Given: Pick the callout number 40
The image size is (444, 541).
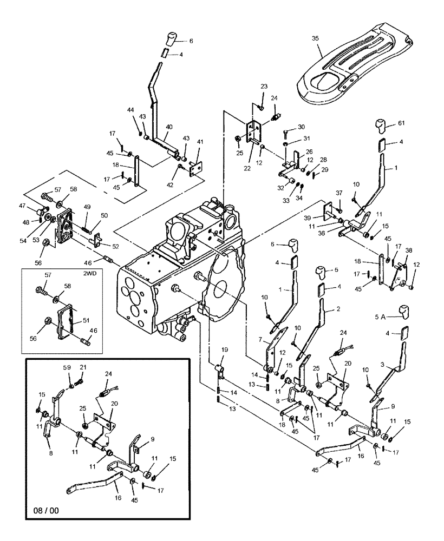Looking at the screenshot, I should pos(169,127).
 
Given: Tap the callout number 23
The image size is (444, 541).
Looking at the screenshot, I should pos(264,87).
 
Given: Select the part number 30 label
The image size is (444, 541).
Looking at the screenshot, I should pos(301,127).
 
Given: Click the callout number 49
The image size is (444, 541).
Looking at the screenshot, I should pos(87,206).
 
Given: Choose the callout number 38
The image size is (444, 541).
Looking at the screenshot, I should pos(409,250).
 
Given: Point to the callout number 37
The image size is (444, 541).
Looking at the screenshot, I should pos(339,193).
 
